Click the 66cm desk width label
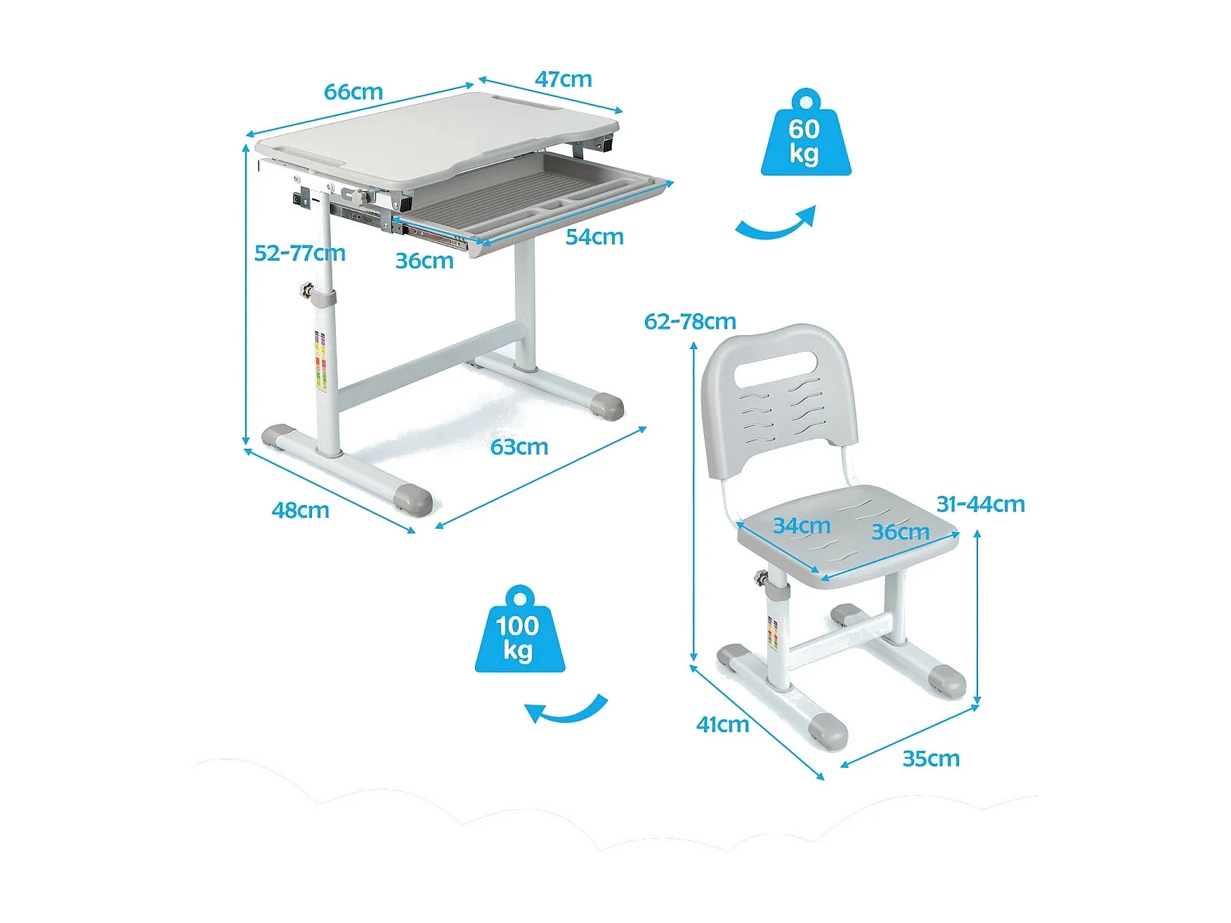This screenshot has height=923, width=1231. click(353, 92)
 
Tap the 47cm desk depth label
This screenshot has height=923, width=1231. click(564, 79)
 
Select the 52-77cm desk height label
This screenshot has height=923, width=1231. click(300, 253)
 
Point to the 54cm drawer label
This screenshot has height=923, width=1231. click(594, 237)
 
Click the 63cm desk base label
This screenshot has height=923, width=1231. click(519, 447)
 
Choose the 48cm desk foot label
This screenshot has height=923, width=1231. click(301, 510)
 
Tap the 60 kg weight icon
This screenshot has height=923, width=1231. click(805, 133)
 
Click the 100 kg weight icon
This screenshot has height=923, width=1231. click(519, 630)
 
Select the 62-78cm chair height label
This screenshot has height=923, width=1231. click(690, 322)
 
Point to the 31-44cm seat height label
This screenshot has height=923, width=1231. click(980, 504)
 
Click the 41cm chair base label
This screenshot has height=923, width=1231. click(722, 724)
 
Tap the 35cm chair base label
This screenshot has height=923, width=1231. click(931, 759)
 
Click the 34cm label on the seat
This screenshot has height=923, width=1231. click(802, 525)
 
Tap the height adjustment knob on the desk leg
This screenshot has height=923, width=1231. click(306, 289)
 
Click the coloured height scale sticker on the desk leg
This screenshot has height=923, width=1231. click(320, 362)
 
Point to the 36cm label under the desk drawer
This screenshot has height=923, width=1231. click(424, 261)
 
